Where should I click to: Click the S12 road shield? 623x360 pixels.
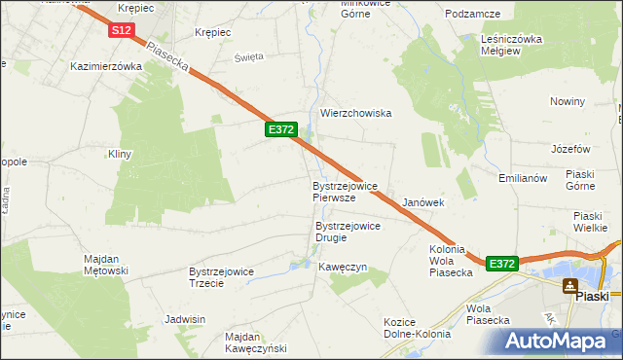121,30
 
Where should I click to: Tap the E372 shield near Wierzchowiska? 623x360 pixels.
280,128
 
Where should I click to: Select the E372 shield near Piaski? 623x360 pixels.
500,264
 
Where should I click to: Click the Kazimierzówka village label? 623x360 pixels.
106,66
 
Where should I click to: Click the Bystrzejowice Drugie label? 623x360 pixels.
348,232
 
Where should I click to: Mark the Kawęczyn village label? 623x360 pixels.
343,267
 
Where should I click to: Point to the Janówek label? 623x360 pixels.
423,202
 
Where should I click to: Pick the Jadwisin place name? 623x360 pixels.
185,319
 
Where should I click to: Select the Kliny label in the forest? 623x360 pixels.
120,154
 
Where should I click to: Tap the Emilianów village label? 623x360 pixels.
525,177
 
